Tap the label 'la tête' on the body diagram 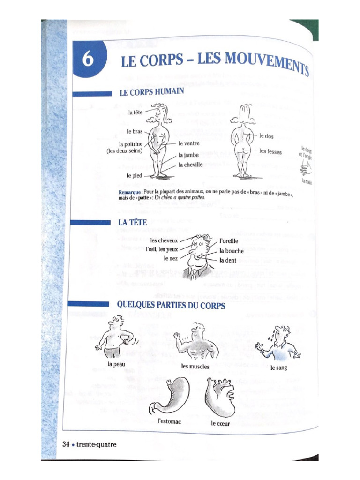pyautogui.click(x=136, y=112)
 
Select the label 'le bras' pyautogui.click(x=135, y=132)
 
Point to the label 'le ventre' pyautogui.click(x=189, y=143)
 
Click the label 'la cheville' pyautogui.click(x=190, y=165)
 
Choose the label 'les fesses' pyautogui.click(x=270, y=151)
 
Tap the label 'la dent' pyautogui.click(x=228, y=260)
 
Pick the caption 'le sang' pyautogui.click(x=278, y=367)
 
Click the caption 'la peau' pyautogui.click(x=116, y=364)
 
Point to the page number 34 pyautogui.click(x=66, y=444)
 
